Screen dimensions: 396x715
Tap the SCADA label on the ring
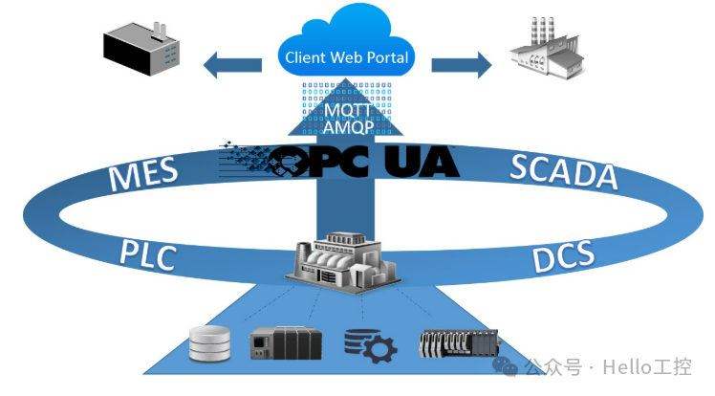[563, 172]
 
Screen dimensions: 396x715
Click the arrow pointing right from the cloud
[461, 65]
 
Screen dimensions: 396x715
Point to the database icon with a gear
[369, 345]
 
